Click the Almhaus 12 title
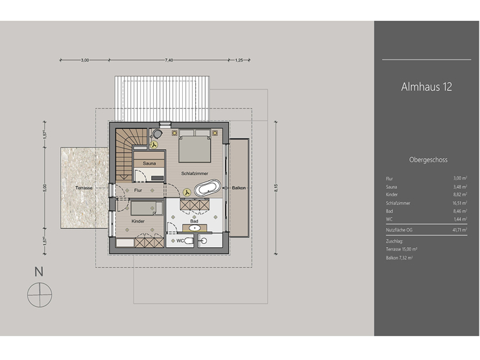426,88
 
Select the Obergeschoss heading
428,159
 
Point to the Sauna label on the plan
149,163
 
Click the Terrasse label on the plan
84,187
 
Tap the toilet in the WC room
187,241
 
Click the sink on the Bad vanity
195,228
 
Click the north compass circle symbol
39,295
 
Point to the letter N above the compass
39,272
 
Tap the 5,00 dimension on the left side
45,187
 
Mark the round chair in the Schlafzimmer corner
158,134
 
